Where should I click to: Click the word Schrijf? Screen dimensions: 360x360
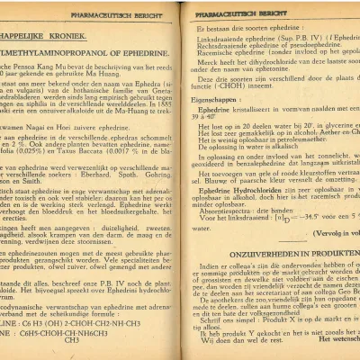(214, 322)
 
